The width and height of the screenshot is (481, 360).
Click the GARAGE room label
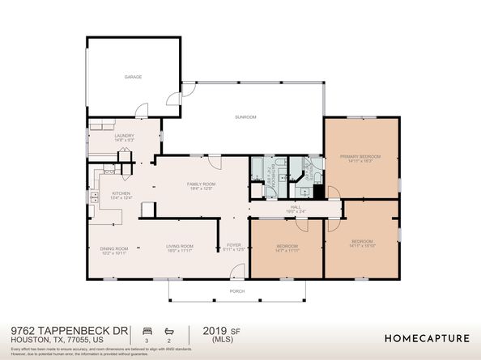point(133,77)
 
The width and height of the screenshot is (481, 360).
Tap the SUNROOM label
point(245,117)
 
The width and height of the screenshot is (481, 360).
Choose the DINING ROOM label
point(114,248)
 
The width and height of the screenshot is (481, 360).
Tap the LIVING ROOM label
point(179,246)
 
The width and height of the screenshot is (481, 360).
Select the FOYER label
point(234,245)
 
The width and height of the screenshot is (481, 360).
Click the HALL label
point(296,207)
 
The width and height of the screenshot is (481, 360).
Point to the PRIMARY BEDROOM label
point(360,156)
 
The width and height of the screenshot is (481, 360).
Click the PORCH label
point(237,291)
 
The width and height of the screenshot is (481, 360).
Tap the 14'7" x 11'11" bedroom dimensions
point(287,251)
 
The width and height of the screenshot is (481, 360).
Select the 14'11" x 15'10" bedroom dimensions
point(361,247)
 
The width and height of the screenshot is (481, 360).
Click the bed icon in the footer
point(147,332)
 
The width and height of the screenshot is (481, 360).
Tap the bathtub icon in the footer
point(169,332)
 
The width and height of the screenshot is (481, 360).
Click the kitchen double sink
point(95,196)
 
